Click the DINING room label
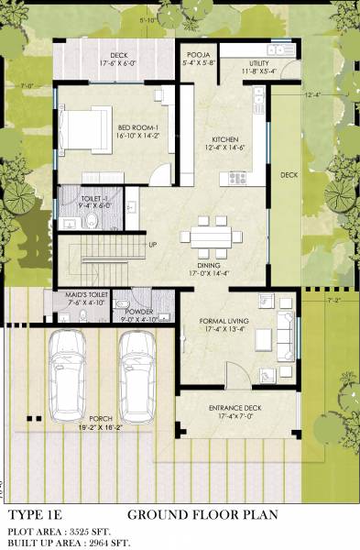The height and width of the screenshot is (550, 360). [x=209, y=266]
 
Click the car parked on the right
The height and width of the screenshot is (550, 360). [x=136, y=373]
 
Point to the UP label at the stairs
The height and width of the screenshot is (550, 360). [x=153, y=245]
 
